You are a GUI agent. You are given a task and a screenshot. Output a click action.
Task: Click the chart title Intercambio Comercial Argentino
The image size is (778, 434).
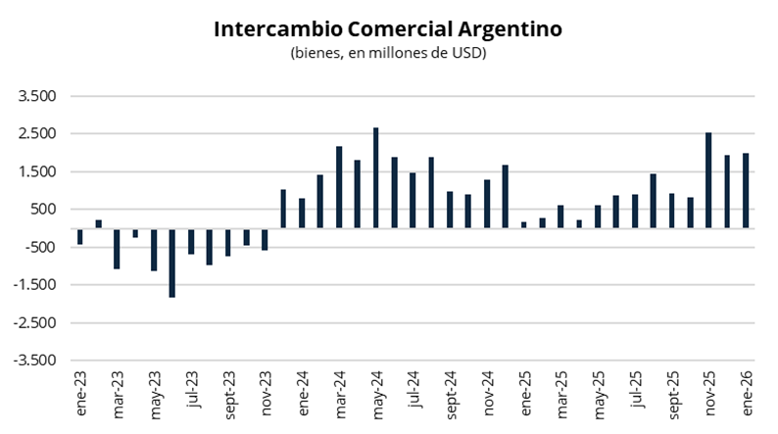pos(388,29)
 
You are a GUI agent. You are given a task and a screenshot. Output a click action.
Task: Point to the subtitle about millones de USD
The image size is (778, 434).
pos(388,53)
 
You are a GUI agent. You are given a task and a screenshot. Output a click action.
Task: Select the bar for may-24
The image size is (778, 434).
pos(376,177)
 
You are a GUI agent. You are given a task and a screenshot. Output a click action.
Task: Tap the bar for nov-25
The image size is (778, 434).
pos(708,180)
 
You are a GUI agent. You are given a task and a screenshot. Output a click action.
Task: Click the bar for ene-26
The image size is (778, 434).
pos(746,190)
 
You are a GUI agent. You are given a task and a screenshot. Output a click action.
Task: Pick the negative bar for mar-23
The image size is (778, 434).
pos(117,249)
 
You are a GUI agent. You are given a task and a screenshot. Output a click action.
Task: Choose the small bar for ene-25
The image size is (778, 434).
pos(524,224)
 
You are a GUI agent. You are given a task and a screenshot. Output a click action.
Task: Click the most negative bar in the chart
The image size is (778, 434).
pos(172,263)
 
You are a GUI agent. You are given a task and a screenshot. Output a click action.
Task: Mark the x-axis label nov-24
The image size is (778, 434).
pos(488,393)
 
